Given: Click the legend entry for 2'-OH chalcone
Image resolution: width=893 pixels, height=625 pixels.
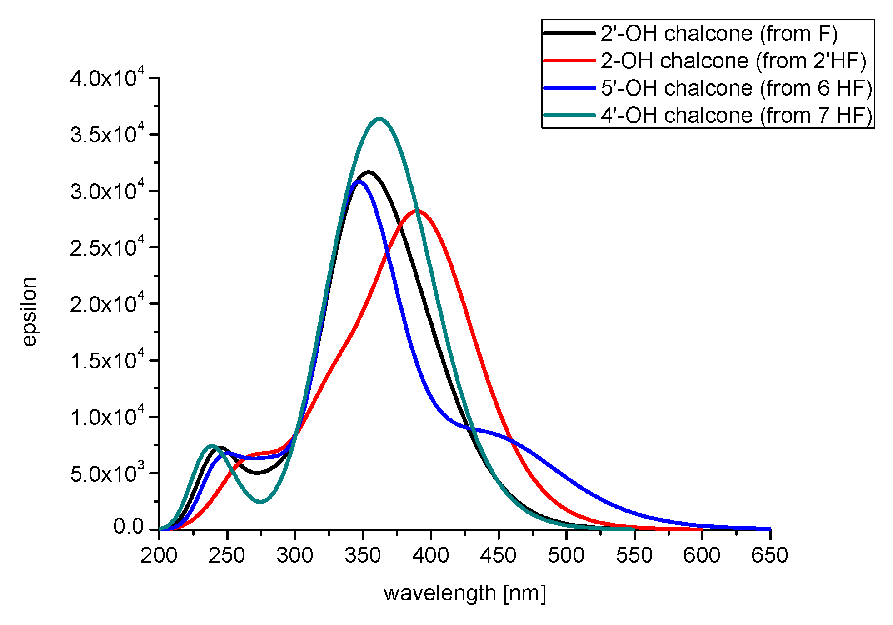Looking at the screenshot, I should [718, 34].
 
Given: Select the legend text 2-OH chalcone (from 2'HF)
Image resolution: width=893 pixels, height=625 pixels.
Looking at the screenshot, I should [733, 61].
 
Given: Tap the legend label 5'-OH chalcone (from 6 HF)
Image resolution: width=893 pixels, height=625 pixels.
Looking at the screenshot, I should [736, 88].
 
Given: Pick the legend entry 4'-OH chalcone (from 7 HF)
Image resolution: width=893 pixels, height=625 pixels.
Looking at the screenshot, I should [736, 116].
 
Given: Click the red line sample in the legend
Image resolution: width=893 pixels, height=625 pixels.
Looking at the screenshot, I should [569, 60].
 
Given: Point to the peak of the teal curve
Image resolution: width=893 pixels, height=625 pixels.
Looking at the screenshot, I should [379, 119].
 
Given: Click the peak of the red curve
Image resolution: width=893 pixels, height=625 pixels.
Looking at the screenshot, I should [417, 211].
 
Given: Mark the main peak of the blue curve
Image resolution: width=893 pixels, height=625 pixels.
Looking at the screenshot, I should [359, 181].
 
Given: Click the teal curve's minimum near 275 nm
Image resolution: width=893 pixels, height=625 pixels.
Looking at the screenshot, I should [261, 502].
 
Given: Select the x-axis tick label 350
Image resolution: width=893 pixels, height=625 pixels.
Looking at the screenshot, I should [363, 555].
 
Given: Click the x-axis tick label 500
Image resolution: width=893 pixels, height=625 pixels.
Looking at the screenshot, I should [566, 555].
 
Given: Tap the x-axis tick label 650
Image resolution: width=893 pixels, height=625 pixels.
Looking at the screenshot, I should [769, 555].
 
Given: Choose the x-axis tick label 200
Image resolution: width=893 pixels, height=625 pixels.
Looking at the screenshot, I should [159, 555].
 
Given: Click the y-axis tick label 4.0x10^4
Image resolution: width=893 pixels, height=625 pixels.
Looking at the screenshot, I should [107, 78].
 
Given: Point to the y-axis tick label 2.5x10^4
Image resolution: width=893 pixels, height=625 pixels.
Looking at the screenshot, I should [107, 248].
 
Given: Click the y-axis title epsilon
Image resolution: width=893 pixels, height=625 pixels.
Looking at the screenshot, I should [30, 312].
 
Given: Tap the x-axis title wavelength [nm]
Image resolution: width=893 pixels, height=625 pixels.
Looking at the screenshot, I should [464, 594].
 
